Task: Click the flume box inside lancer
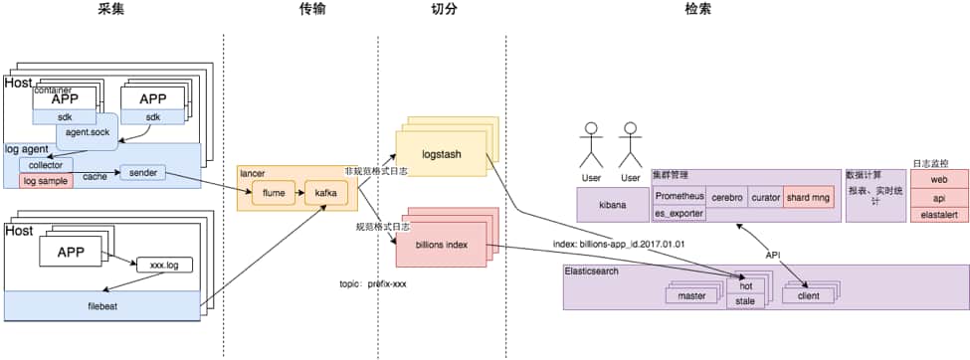coord(274,193)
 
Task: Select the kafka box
coord(325,193)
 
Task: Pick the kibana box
coord(613,206)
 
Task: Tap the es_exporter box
coord(679,214)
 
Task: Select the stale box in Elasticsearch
coord(745,301)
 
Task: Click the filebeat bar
coord(102,305)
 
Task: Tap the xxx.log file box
coord(164,266)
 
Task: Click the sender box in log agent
coord(142,174)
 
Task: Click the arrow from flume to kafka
coord(300,193)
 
